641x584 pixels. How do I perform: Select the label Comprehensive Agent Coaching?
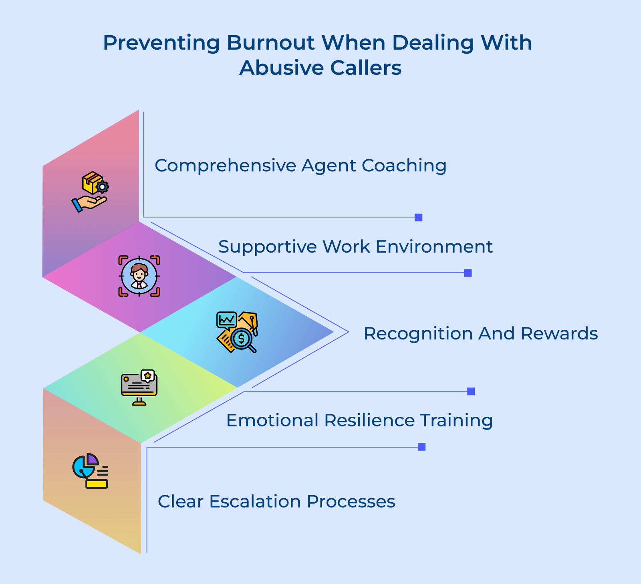[300, 166]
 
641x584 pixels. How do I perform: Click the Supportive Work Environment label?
[355, 247]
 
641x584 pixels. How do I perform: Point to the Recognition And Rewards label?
[480, 333]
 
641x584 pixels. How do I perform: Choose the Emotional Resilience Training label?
[359, 420]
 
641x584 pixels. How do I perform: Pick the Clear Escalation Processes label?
[276, 502]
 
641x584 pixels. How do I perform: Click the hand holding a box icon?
[90, 192]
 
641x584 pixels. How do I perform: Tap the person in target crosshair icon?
[139, 276]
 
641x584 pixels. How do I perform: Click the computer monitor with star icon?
[139, 387]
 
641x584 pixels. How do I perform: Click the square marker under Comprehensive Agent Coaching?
[418, 217]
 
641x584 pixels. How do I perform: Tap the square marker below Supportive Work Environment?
[468, 273]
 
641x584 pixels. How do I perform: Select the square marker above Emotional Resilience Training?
[471, 391]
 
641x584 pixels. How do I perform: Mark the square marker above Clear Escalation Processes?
[421, 447]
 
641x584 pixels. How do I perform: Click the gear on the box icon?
[103, 187]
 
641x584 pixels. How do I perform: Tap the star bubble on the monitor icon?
[148, 375]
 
